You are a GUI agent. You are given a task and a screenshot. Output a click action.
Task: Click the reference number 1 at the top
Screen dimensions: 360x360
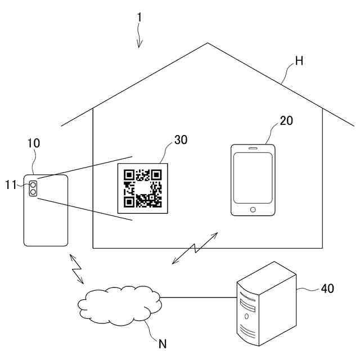pos(139,17)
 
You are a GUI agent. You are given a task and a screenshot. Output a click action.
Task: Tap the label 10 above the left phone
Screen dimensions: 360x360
pos(34,143)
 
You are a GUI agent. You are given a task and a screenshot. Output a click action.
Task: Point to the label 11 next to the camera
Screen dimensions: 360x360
pos(11,183)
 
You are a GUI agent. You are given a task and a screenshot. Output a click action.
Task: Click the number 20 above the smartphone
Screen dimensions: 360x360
pos(286,120)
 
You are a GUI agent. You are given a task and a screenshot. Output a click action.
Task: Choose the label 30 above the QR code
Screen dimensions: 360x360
pos(181,140)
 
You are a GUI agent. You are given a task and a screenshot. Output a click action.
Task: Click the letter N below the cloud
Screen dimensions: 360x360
pos(162,343)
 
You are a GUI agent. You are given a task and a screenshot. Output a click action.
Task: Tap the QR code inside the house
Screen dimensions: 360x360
pos(143,188)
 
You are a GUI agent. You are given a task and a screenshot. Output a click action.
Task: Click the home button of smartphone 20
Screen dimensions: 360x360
pos(253,210)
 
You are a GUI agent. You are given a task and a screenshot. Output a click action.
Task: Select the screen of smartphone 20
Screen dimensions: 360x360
pos(253,178)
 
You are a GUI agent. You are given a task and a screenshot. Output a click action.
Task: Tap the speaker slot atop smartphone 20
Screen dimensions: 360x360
pos(253,149)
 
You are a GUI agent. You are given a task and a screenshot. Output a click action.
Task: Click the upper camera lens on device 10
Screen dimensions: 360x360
pos(33,184)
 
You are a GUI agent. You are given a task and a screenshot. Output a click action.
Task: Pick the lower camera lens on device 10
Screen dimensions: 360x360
pos(33,192)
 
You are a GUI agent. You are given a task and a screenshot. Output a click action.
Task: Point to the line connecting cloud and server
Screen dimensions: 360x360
pos(197,297)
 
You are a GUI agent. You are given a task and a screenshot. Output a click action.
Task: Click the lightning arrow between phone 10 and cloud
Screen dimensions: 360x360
pos(76,268)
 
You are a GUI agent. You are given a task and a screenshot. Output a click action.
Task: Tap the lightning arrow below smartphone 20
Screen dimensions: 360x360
pos(195,247)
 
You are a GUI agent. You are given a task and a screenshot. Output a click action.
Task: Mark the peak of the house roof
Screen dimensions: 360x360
pos(208,43)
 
